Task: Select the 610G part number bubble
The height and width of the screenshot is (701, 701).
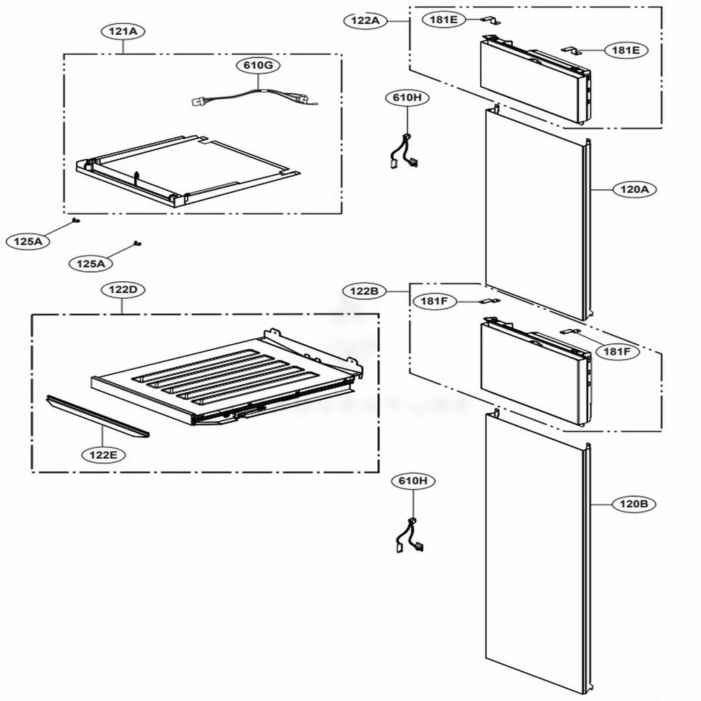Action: coord(259,65)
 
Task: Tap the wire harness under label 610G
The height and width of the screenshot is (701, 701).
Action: coord(254,98)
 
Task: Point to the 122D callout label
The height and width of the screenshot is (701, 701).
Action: coord(123,290)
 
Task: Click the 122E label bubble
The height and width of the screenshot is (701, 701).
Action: coord(103,455)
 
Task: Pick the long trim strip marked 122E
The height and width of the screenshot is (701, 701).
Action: coord(97,416)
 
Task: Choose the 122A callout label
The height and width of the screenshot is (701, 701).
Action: coord(365,20)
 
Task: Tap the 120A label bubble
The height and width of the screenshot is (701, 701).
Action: coord(634,189)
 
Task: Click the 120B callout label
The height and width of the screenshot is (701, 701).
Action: coord(634,504)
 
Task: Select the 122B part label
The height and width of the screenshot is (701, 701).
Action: coord(365,292)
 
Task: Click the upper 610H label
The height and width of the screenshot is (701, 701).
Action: coord(407,98)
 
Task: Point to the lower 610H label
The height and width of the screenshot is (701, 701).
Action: coord(413,481)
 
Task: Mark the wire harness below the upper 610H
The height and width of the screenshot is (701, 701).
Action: coord(405,152)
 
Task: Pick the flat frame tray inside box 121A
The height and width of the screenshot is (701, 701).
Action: coord(188,171)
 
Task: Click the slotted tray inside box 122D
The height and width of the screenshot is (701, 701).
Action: coord(227,376)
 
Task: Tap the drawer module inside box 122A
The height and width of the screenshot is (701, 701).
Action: coord(535,80)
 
